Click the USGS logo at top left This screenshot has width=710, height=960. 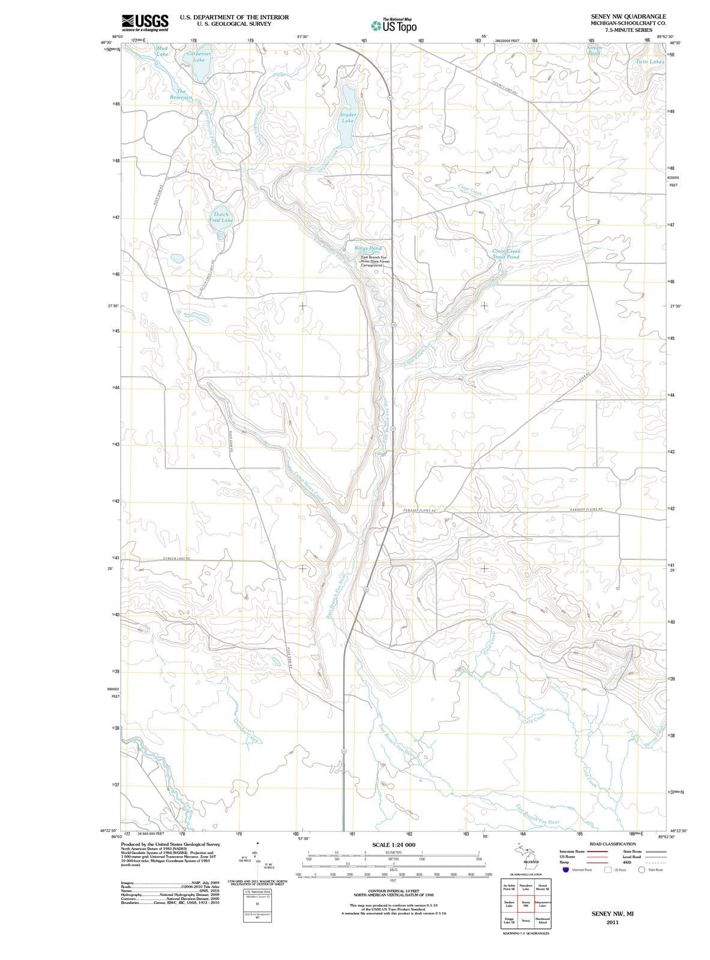coord(145,22)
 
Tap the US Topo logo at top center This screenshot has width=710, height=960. coord(393,26)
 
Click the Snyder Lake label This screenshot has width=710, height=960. coord(347,117)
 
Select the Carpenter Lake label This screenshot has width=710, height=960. coord(199,56)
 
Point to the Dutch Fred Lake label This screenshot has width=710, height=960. coord(221,217)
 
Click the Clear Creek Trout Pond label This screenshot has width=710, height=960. coord(506,254)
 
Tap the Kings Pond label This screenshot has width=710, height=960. coord(368,248)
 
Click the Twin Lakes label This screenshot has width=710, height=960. coord(650,62)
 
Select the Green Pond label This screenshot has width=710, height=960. coord(594,50)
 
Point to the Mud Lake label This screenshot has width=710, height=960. coord(162,50)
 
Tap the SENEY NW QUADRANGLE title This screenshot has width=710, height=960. coord(628,17)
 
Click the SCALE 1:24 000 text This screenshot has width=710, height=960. coord(394,845)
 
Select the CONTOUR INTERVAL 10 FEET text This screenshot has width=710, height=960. coord(394,892)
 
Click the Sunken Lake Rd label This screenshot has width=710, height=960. coord(176,559)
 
